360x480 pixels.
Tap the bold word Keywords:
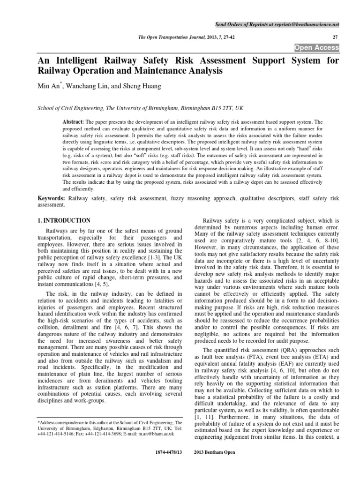(x=52, y=199)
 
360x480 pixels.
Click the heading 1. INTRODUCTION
(x=64, y=220)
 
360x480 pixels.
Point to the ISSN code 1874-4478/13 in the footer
(x=167, y=454)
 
